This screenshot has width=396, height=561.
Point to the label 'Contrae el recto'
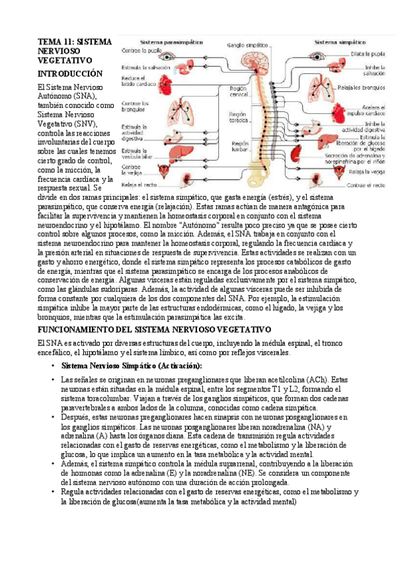(x=366, y=185)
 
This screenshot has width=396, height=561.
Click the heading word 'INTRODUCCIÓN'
(x=71, y=73)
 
